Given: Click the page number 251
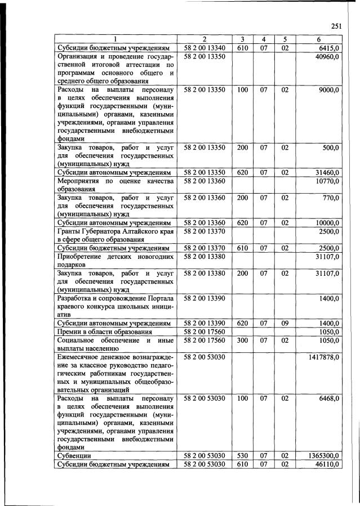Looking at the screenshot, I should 336,25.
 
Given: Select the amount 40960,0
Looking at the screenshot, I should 327,57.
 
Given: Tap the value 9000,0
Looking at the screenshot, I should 329,89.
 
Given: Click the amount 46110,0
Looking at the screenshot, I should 327,463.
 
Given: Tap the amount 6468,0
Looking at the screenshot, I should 329,398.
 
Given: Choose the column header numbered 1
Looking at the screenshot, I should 115,39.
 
